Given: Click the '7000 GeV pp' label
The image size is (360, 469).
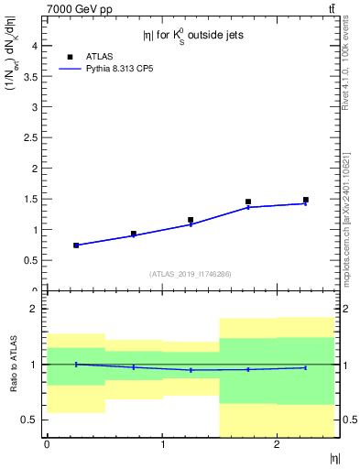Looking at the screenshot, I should pos(78,8).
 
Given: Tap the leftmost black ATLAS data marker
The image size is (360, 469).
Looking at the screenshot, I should pos(76,245).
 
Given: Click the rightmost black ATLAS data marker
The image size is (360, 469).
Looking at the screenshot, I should pos(306,200).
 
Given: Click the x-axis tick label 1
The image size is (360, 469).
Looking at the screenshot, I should pos(162,445).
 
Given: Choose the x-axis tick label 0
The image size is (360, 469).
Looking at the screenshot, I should pos(47,445).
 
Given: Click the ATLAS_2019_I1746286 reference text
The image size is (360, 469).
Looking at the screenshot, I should pos(191,274).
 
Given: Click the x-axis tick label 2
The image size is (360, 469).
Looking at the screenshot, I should pos(277,445).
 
